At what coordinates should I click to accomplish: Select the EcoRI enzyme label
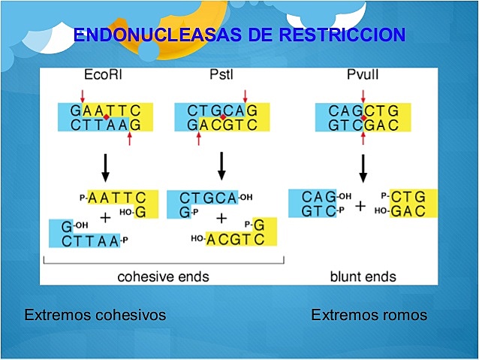(x=104, y=77)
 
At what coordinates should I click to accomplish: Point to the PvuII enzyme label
(x=363, y=77)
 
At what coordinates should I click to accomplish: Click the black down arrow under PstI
(x=221, y=166)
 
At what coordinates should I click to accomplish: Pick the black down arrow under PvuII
(x=363, y=167)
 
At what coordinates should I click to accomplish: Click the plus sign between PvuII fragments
(x=360, y=205)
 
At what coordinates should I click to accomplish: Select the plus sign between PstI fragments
(x=221, y=219)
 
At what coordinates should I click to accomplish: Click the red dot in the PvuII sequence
(x=363, y=118)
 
